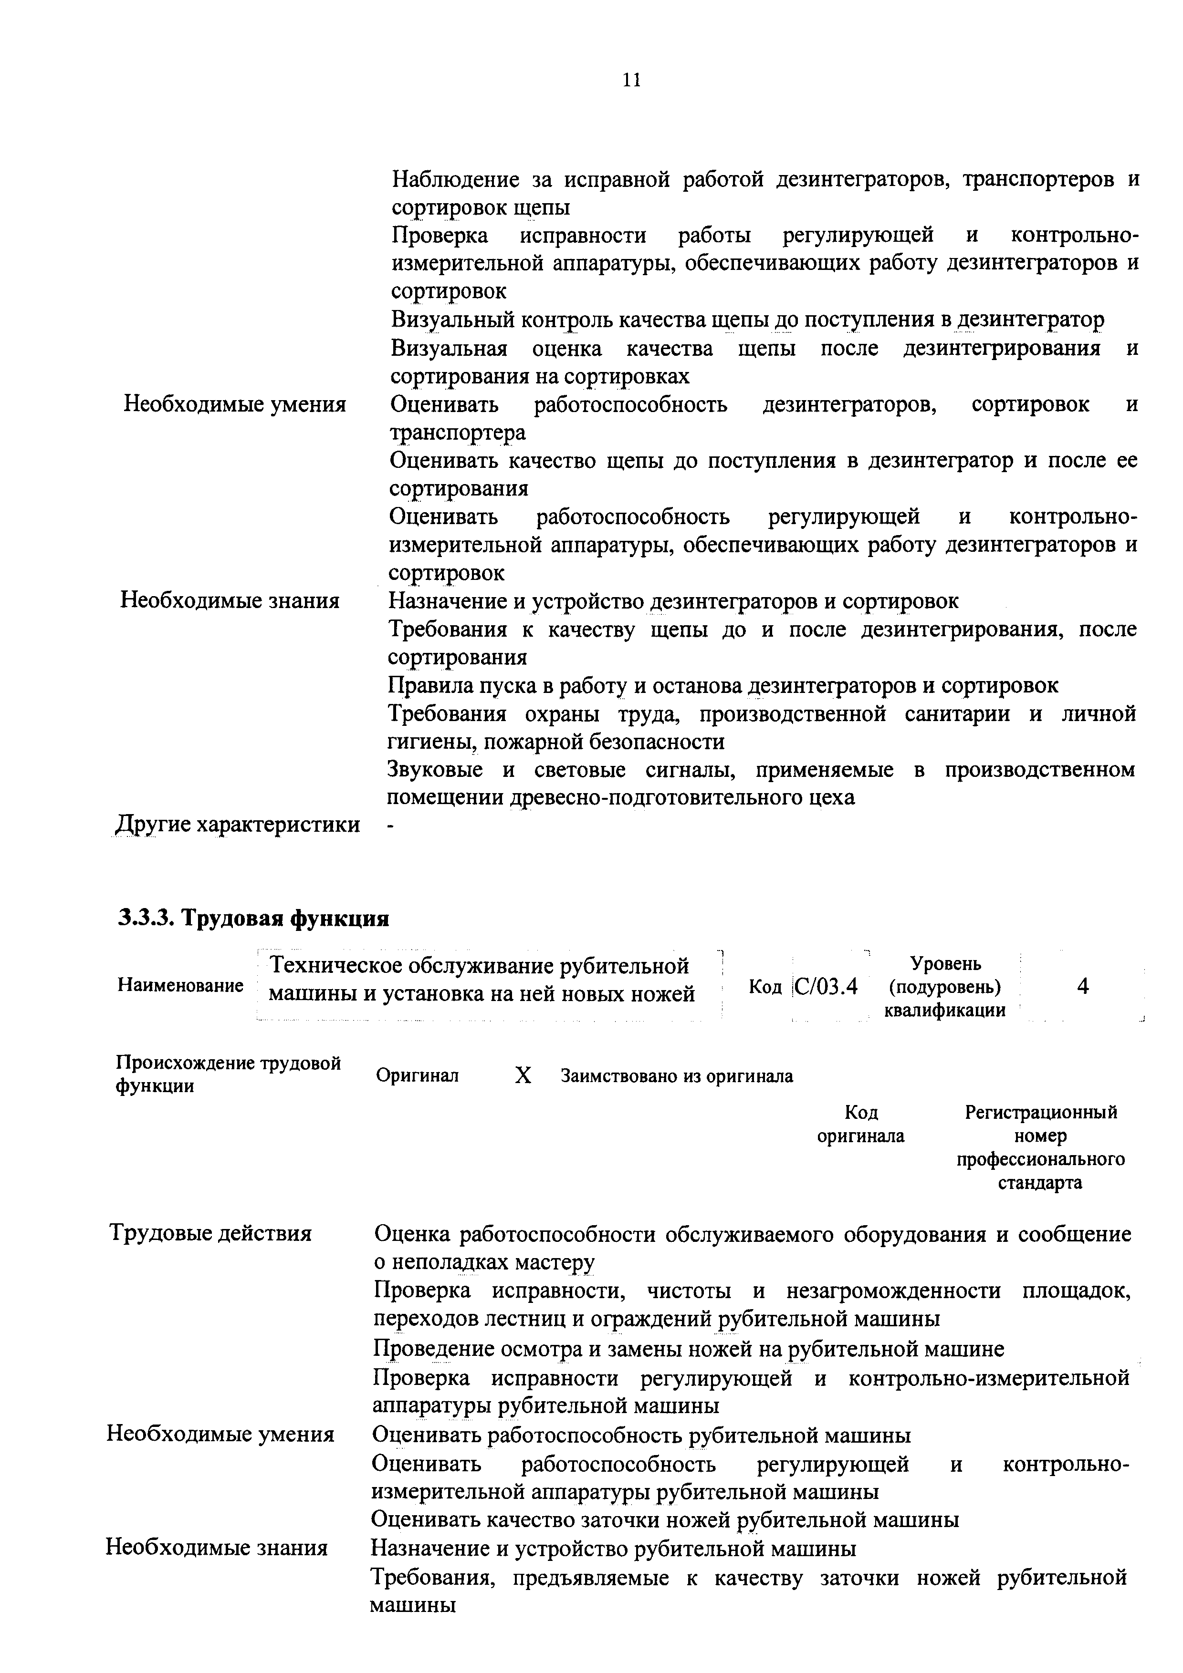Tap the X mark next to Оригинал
pos(523,1075)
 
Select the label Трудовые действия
pos(210,1233)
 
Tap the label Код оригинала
pos(861,1125)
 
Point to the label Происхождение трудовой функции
pos(228,1074)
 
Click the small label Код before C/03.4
pos(764,987)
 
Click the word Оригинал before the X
pos(417,1075)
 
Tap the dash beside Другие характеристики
pos(391,826)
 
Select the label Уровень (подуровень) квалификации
pos(945,987)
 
